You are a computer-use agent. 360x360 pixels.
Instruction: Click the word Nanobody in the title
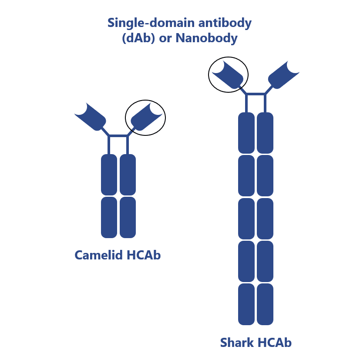click(x=206, y=38)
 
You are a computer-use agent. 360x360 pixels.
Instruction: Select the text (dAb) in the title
click(x=137, y=38)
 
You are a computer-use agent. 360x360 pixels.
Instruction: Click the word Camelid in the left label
click(x=99, y=255)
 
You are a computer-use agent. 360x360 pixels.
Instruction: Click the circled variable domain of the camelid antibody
click(x=146, y=117)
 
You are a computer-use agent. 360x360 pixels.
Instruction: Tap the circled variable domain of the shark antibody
click(x=229, y=75)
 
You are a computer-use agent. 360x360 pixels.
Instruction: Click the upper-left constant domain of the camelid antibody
click(x=109, y=175)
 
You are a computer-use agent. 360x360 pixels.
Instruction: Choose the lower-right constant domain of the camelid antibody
click(x=128, y=217)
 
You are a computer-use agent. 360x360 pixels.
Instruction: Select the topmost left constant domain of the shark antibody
click(x=246, y=132)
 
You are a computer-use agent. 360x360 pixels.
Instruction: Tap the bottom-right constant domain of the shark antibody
click(x=265, y=304)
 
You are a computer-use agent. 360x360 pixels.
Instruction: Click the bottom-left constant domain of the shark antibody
click(x=246, y=304)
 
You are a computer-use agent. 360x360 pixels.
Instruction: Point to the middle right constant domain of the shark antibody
click(x=265, y=218)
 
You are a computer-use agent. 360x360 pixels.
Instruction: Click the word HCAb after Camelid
click(x=144, y=255)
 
